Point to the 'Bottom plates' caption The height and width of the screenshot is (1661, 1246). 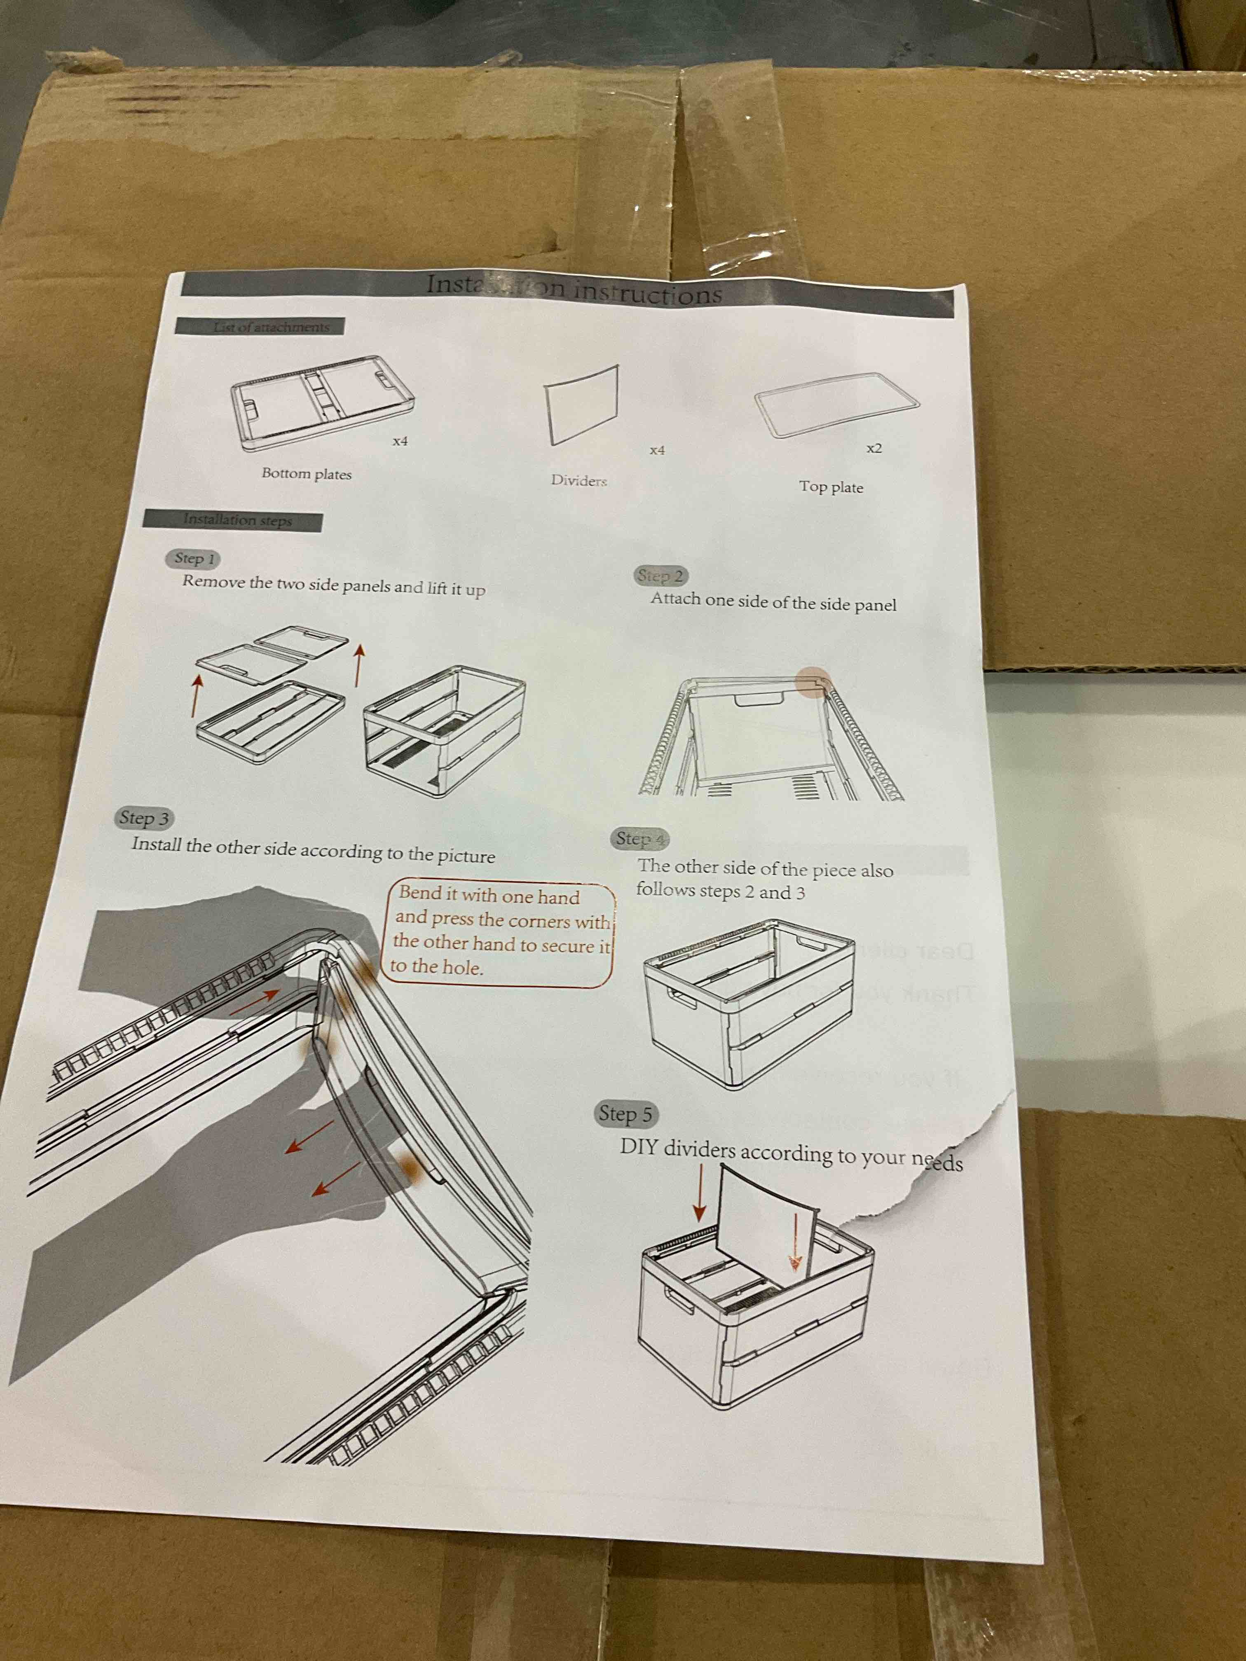tap(307, 474)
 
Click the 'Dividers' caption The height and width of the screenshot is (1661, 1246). tap(578, 481)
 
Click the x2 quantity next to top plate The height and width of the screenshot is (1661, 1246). tap(874, 448)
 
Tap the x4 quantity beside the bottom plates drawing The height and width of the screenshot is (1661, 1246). tap(400, 442)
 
